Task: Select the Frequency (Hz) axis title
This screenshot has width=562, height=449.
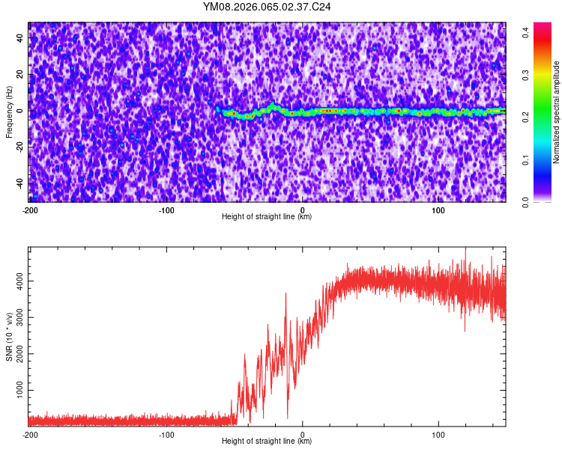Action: pos(9,112)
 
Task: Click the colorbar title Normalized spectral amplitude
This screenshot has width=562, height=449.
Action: pos(557,112)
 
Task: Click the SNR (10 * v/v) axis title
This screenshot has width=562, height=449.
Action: pos(9,336)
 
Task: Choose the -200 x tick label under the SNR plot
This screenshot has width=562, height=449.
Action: pos(31,434)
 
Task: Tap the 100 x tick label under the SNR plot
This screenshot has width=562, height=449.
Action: pos(439,434)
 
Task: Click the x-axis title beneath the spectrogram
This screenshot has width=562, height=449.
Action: pos(267,217)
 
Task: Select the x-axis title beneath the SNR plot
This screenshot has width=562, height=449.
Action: pos(267,442)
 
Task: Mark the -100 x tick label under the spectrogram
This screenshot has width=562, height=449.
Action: pos(166,210)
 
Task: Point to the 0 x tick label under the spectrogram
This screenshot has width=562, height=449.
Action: pos(303,210)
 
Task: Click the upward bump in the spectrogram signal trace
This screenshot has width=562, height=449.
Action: pos(273,105)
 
